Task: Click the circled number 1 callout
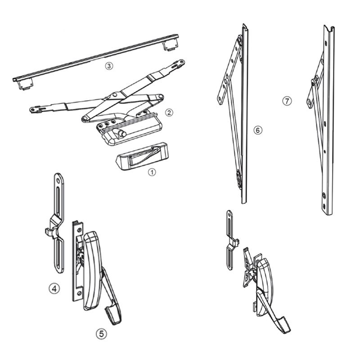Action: (x=152, y=172)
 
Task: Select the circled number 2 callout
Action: (x=169, y=112)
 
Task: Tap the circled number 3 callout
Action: (x=109, y=66)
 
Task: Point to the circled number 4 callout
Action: (x=54, y=288)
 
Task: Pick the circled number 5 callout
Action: (x=101, y=334)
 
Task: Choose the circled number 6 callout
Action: (x=257, y=130)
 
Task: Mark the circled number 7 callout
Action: (x=287, y=101)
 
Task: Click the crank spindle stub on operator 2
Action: (x=122, y=133)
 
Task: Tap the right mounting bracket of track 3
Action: (x=171, y=45)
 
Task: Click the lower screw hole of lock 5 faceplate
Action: (x=80, y=293)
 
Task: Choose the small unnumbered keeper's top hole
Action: (x=229, y=215)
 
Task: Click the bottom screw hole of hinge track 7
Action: (x=324, y=206)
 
